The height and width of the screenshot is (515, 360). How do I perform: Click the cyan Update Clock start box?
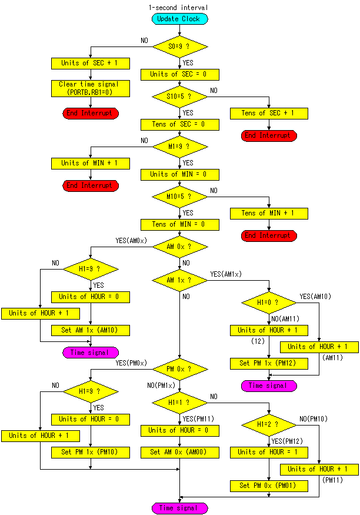click(179, 19)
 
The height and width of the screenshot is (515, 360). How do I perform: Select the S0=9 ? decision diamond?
click(180, 46)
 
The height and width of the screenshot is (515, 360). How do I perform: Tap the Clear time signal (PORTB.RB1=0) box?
click(91, 89)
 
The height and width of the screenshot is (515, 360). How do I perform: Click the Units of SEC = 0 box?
click(180, 75)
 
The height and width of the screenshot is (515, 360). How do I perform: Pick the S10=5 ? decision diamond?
click(180, 97)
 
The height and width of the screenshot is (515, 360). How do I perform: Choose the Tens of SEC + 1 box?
click(269, 114)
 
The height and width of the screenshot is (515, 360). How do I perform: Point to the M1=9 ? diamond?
click(180, 147)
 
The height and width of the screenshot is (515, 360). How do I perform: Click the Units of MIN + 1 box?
click(91, 164)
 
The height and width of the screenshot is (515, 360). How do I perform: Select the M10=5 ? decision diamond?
click(180, 197)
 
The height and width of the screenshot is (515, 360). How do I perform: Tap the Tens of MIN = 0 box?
click(180, 225)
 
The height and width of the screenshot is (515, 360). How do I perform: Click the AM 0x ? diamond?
click(180, 247)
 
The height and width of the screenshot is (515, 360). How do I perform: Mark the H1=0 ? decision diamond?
click(269, 303)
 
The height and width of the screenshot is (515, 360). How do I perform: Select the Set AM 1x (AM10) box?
click(91, 330)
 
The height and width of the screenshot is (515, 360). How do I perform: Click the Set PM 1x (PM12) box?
click(269, 364)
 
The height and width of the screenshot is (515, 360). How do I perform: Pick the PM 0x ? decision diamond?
click(180, 370)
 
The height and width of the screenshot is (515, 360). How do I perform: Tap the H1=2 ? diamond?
click(269, 425)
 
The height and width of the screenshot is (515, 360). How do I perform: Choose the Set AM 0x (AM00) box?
click(180, 452)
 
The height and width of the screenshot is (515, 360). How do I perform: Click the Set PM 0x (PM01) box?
click(269, 486)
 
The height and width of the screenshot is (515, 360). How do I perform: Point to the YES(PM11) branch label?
click(198, 418)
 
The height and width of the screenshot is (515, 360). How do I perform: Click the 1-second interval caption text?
click(178, 7)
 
